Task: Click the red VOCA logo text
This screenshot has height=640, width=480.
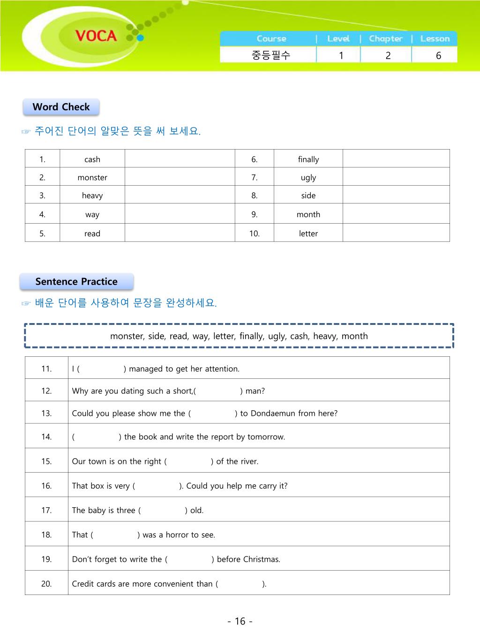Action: point(96,36)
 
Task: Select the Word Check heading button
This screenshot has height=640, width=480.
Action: point(61,107)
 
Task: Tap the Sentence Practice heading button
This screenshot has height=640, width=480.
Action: point(76,282)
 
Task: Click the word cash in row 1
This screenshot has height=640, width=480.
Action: point(92,159)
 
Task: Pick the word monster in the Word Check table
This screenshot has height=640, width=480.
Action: point(92,178)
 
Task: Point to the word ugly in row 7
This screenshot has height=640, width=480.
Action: point(308,178)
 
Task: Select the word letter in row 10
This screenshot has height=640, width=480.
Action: point(308,233)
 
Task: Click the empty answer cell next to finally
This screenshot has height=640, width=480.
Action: point(396,159)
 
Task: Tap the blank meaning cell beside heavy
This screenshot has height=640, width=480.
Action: point(180,196)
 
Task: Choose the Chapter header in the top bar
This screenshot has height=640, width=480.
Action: point(386,39)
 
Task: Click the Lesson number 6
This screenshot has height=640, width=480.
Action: point(438,55)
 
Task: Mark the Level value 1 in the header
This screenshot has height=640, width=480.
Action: point(341,55)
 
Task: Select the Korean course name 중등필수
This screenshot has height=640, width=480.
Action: point(271,55)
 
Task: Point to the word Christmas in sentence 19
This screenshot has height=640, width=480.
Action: point(262,559)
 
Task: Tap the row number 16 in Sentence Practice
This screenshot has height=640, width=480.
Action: point(46,486)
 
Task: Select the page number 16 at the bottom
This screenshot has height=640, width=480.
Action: point(240,621)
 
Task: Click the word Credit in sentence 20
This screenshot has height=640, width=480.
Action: point(83,584)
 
